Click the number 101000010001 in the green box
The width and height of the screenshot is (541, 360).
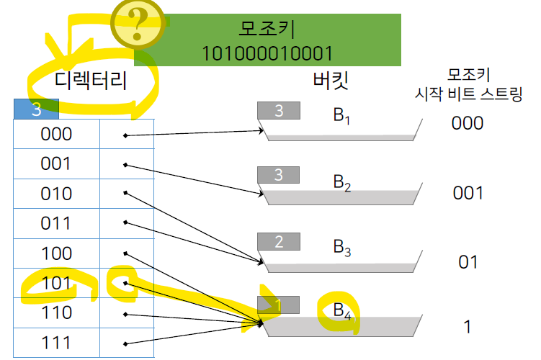pos(267,53)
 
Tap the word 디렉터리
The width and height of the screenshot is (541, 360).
pos(91,81)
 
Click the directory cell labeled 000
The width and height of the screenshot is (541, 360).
pos(56,134)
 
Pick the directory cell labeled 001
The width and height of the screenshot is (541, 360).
pos(56,164)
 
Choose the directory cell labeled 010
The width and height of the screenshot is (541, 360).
pos(56,194)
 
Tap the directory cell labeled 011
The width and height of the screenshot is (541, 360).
pos(56,223)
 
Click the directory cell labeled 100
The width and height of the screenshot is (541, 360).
pos(56,253)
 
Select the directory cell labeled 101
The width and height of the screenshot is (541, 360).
pos(56,283)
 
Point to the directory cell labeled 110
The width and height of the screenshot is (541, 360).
pos(56,312)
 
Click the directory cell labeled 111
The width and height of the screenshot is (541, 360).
pos(56,343)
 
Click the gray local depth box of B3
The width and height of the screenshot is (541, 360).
pos(280,242)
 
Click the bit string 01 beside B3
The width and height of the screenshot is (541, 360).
pos(468,261)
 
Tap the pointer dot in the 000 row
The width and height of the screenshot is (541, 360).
pos(125,135)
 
